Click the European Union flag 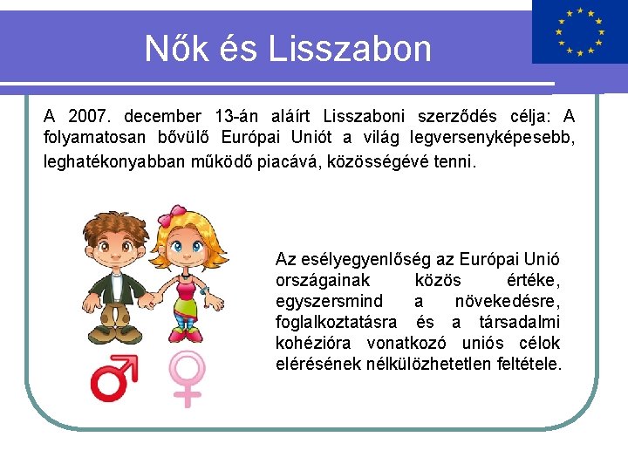tap(579, 32)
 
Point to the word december tap(162, 116)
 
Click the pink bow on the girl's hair tap(177, 213)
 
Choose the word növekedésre tap(507, 301)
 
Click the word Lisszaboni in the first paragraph tap(367, 116)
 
